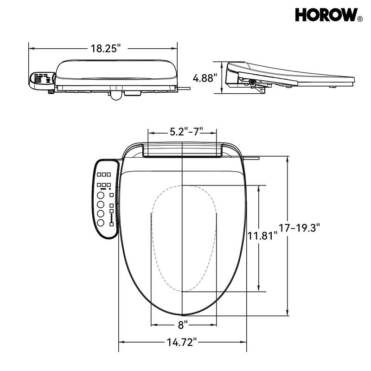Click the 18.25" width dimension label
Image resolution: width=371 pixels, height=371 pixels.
click(105, 48)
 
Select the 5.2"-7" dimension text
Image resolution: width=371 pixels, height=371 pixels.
click(183, 132)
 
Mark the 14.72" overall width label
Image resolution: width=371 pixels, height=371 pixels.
click(182, 343)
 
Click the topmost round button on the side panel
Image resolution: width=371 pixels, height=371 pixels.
click(101, 196)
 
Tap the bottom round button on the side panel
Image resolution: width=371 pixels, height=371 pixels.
click(101, 223)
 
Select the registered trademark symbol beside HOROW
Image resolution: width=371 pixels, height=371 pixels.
click(360, 19)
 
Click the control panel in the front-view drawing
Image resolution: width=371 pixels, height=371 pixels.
click(42, 78)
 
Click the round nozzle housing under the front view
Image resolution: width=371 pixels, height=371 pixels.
click(115, 95)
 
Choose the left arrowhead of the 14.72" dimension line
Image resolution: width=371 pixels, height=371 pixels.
click(121, 342)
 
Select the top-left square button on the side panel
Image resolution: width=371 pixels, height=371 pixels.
click(99, 174)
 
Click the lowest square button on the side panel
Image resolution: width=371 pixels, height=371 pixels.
click(111, 224)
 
